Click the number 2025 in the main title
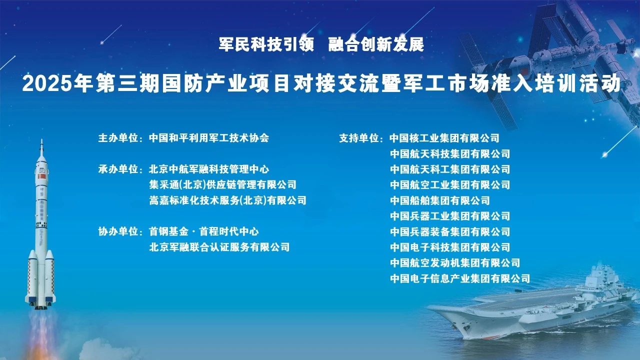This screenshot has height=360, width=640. tap(47, 83)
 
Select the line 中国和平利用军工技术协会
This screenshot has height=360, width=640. tap(209, 138)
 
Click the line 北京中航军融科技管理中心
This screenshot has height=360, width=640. tap(209, 169)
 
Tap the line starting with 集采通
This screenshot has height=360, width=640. tap(222, 184)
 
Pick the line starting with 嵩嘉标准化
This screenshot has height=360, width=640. tap(227, 200)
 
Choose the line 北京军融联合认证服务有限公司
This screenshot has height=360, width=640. tap(219, 247)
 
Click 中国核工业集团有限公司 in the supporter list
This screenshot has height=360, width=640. tap(444, 138)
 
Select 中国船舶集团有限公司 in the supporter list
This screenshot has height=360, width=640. tap(439, 200)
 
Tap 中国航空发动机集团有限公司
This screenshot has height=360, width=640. tap(455, 262)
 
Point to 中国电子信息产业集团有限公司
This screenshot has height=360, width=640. tap(460, 278)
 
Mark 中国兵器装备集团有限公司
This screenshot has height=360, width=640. tap(449, 231)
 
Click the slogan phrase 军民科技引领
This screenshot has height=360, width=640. tap(266, 44)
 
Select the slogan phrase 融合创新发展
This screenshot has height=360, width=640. tap(376, 44)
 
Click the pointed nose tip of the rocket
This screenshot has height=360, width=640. tap(41, 139)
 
